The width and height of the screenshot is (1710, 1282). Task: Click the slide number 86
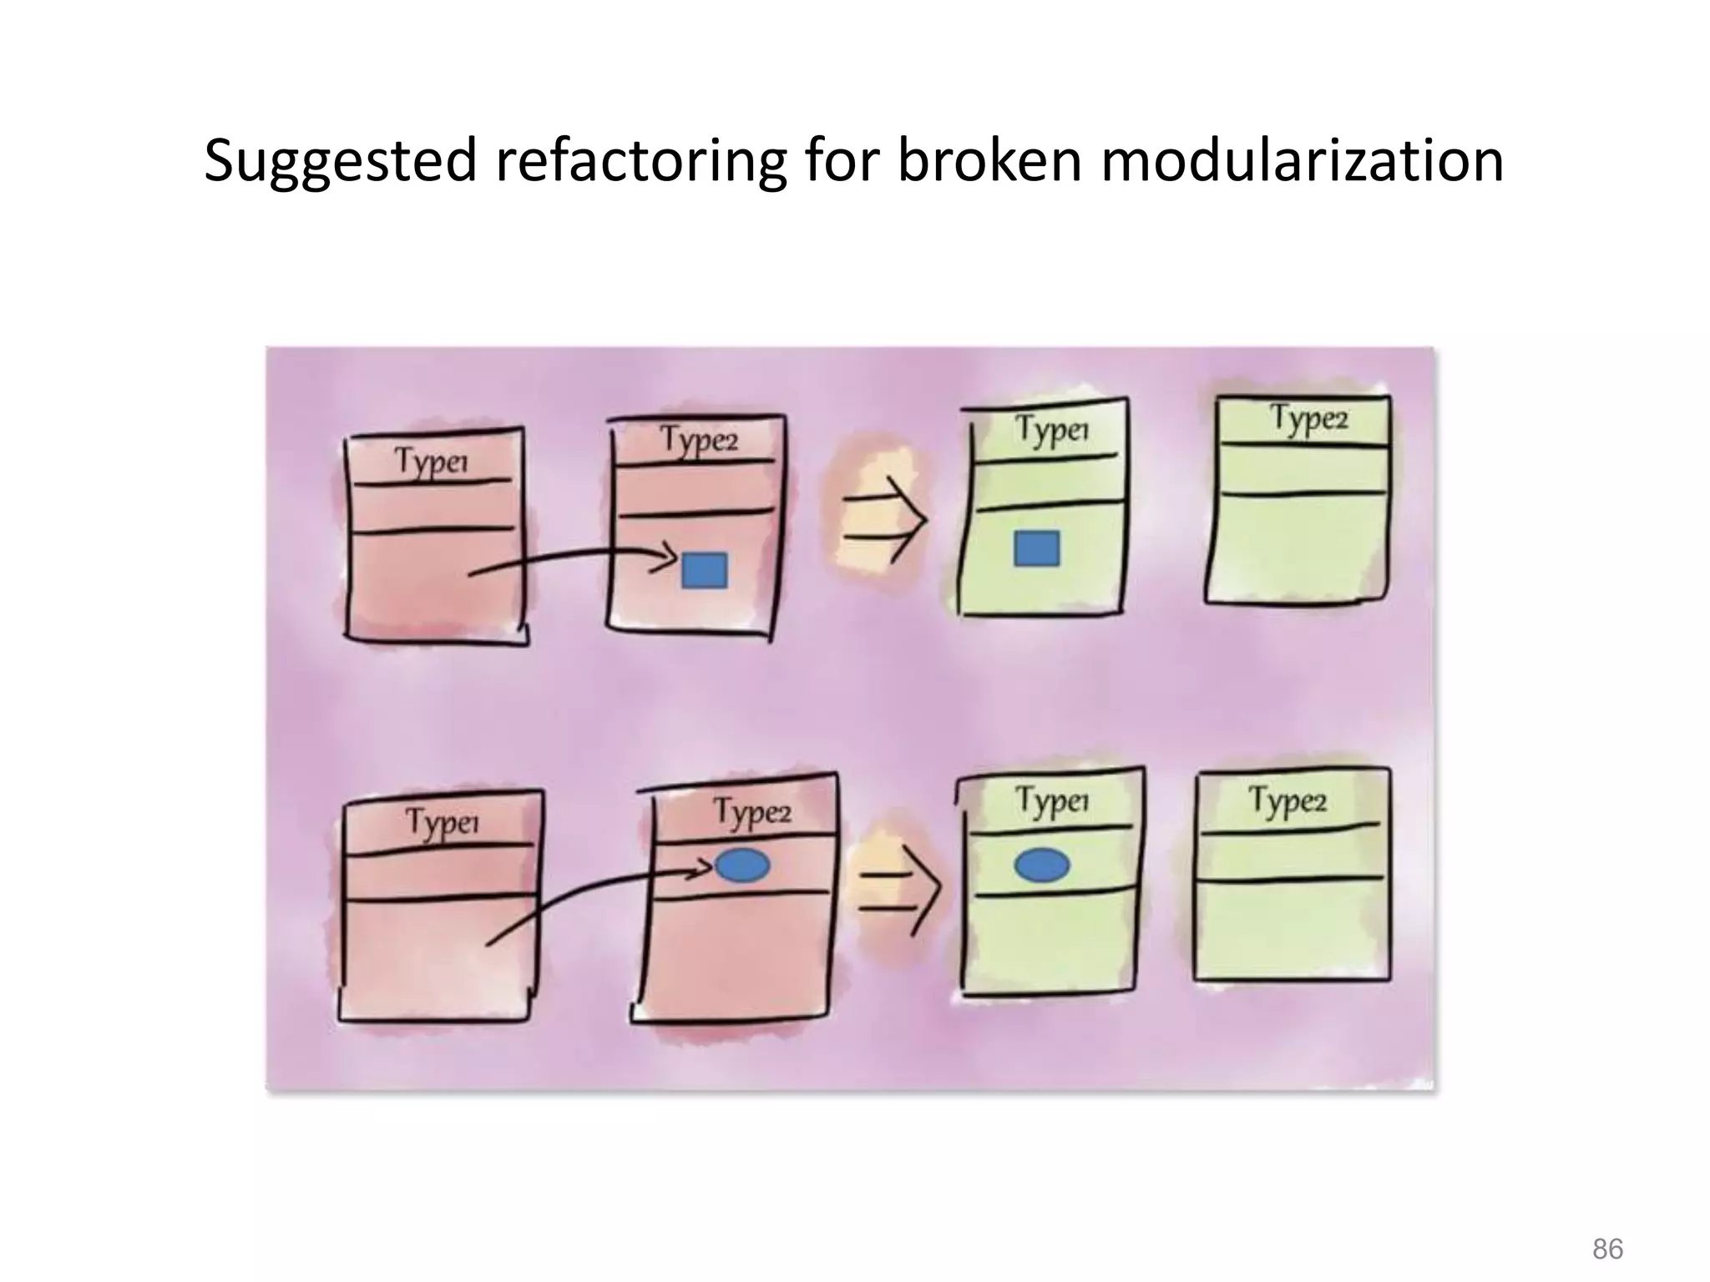pyautogui.click(x=1607, y=1226)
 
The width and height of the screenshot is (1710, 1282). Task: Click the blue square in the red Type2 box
pyautogui.click(x=704, y=570)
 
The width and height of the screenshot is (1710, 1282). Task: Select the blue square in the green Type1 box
pyautogui.click(x=1036, y=548)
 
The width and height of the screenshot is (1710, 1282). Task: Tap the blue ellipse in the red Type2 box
pyautogui.click(x=742, y=866)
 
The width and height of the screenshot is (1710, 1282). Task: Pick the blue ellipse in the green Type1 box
pyautogui.click(x=1041, y=866)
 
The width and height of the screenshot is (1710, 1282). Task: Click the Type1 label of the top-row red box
pyautogui.click(x=431, y=461)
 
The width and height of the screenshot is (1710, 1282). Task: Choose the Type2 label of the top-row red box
pyautogui.click(x=699, y=439)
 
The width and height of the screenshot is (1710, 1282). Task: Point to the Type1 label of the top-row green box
pyautogui.click(x=1052, y=430)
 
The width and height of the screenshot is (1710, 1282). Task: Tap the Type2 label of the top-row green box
pyautogui.click(x=1308, y=417)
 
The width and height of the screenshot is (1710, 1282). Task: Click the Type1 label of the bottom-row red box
pyautogui.click(x=443, y=822)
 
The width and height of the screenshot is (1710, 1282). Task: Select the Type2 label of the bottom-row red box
pyautogui.click(x=751, y=811)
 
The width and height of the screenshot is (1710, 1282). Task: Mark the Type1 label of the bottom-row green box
pyautogui.click(x=1052, y=801)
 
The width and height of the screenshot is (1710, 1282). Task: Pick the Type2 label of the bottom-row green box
pyautogui.click(x=1287, y=800)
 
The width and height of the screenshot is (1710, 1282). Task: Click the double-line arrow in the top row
pyautogui.click(x=883, y=519)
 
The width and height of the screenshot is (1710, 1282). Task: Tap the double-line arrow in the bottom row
pyautogui.click(x=900, y=892)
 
